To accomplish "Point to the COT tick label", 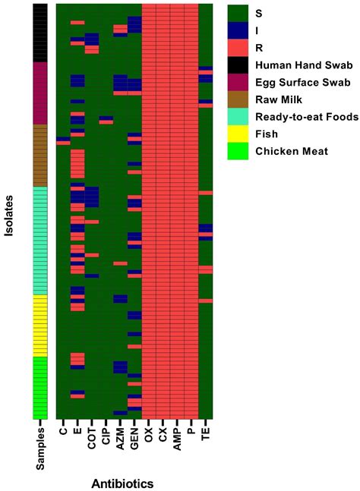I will point(92,437).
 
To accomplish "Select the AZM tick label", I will point(120,437).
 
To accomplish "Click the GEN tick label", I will point(134,437).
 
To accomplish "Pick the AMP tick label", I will point(177,437).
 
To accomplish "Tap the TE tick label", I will point(205,433).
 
